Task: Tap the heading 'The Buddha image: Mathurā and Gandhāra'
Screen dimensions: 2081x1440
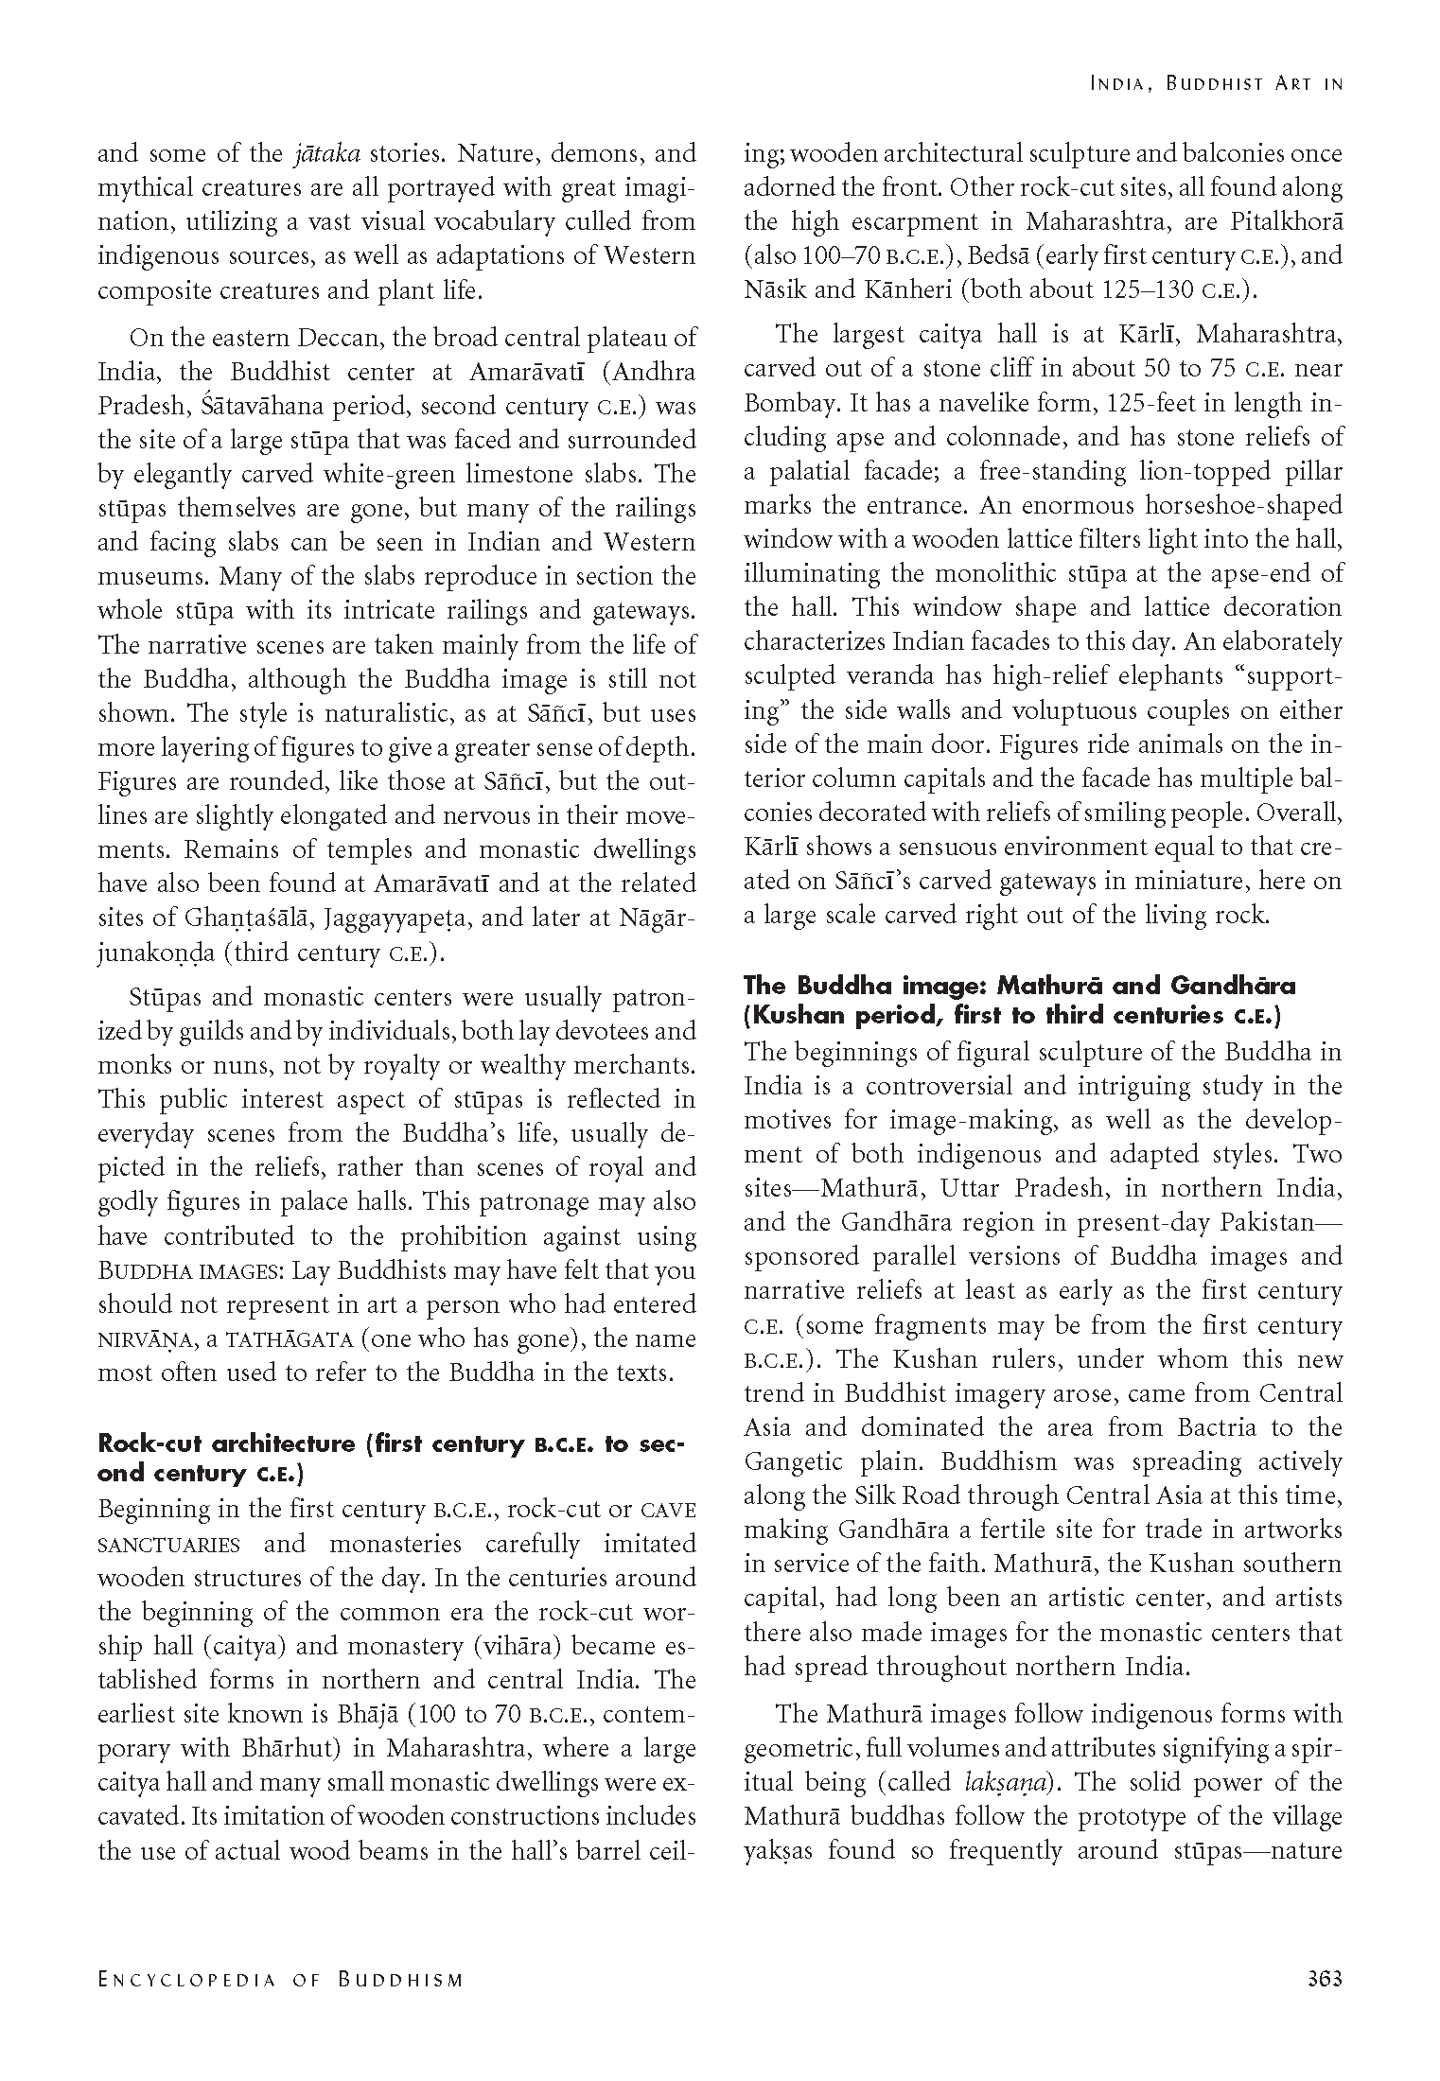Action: pyautogui.click(x=1020, y=986)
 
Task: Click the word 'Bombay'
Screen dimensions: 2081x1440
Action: pyautogui.click(x=791, y=404)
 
